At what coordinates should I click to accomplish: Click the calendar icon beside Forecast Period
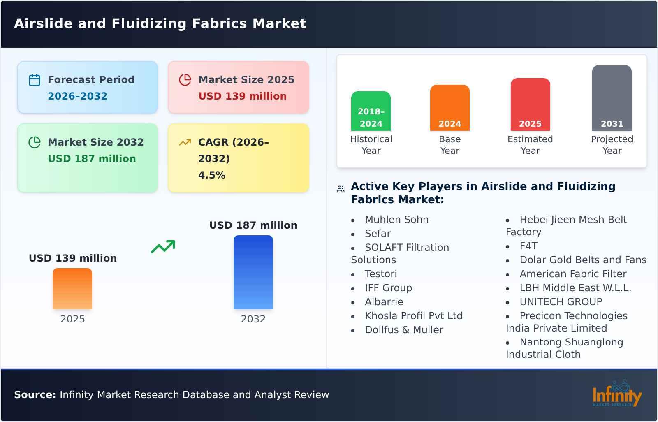[x=35, y=80]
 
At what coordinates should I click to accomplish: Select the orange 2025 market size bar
[x=72, y=289]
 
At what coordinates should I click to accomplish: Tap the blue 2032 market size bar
[x=253, y=272]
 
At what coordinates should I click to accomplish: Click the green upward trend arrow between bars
[x=163, y=247]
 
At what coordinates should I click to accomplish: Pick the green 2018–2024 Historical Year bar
[x=371, y=111]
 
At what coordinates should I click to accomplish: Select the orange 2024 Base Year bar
[x=450, y=108]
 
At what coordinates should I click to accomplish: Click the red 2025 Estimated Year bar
[x=531, y=104]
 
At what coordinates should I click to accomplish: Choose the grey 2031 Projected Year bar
[x=612, y=98]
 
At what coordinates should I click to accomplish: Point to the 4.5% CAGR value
[x=212, y=175]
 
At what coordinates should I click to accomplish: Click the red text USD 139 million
[x=243, y=96]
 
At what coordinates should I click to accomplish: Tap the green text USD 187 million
[x=92, y=159]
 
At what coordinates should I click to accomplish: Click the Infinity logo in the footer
[x=617, y=394]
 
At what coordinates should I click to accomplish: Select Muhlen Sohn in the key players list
[x=397, y=220]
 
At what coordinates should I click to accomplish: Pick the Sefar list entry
[x=378, y=234]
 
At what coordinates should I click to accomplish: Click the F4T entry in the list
[x=529, y=246]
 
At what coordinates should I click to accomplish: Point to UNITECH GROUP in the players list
[x=561, y=302]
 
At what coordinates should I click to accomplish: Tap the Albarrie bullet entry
[x=384, y=302]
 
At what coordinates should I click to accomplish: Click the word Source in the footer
[x=35, y=395]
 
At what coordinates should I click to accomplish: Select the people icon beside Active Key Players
[x=341, y=189]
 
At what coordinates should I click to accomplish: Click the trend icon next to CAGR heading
[x=185, y=142]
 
